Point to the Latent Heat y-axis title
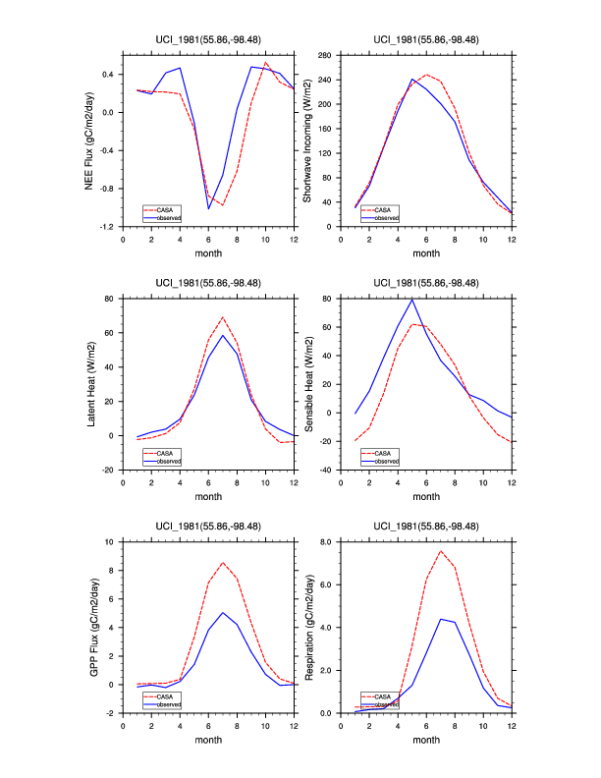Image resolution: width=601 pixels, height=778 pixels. (x=92, y=384)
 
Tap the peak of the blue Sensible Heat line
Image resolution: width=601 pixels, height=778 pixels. (x=412, y=299)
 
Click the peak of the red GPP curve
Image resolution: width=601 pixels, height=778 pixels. (x=224, y=563)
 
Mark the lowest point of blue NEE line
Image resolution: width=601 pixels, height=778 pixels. (x=209, y=208)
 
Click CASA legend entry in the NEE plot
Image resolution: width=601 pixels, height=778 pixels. (x=161, y=208)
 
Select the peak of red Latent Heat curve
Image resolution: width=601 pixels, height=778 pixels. (x=224, y=317)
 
